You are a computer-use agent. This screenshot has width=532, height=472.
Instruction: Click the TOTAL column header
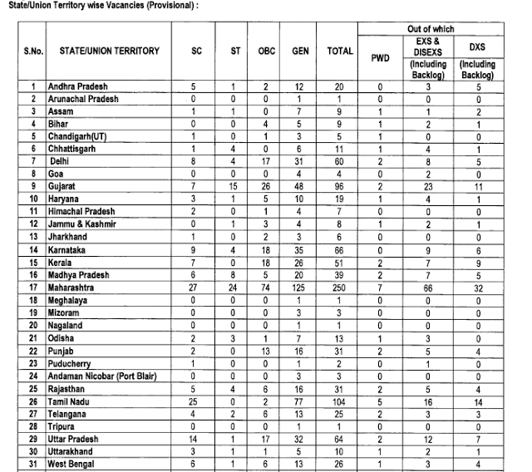pos(339,52)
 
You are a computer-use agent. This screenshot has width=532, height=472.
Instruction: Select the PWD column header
pos(379,58)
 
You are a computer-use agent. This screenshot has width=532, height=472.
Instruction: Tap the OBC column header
pos(266,52)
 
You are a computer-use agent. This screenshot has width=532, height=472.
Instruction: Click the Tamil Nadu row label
pos(73,401)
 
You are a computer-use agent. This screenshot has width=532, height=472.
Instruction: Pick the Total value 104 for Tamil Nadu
pos(339,401)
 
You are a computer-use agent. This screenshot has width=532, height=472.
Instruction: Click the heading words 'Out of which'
pos(431,29)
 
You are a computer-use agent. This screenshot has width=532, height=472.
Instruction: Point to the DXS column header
pos(477,47)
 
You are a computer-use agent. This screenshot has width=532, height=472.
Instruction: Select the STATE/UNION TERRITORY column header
pos(110,52)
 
